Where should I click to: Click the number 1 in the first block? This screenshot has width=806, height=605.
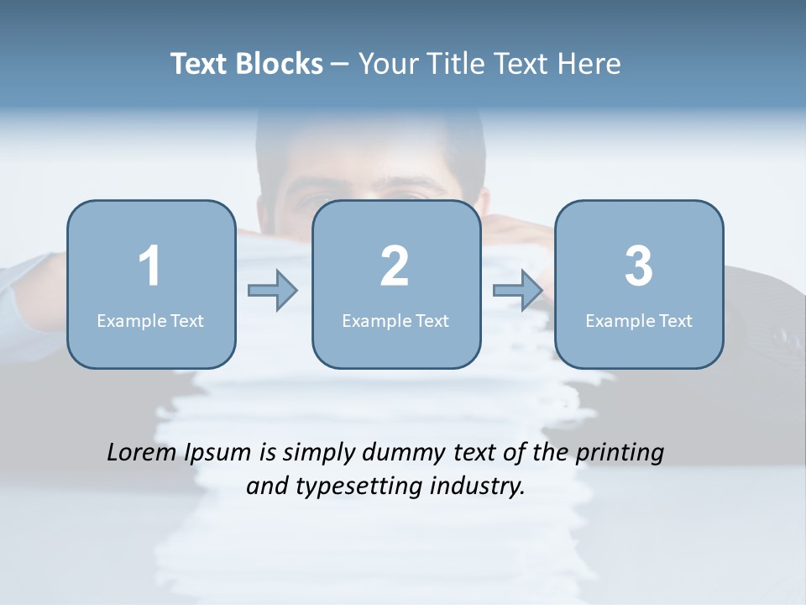[149, 266]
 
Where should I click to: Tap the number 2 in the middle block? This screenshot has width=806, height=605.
[395, 266]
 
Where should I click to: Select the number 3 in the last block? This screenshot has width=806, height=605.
[639, 266]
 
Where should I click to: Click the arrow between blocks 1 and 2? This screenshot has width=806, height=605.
[273, 291]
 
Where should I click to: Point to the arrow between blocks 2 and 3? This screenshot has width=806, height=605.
[518, 291]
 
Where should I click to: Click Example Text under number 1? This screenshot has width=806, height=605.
[150, 320]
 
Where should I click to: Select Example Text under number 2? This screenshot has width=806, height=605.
[395, 320]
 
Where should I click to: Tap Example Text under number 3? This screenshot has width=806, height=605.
[639, 320]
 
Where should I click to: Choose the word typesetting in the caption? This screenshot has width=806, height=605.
[347, 487]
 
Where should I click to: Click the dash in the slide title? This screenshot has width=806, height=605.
[341, 65]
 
